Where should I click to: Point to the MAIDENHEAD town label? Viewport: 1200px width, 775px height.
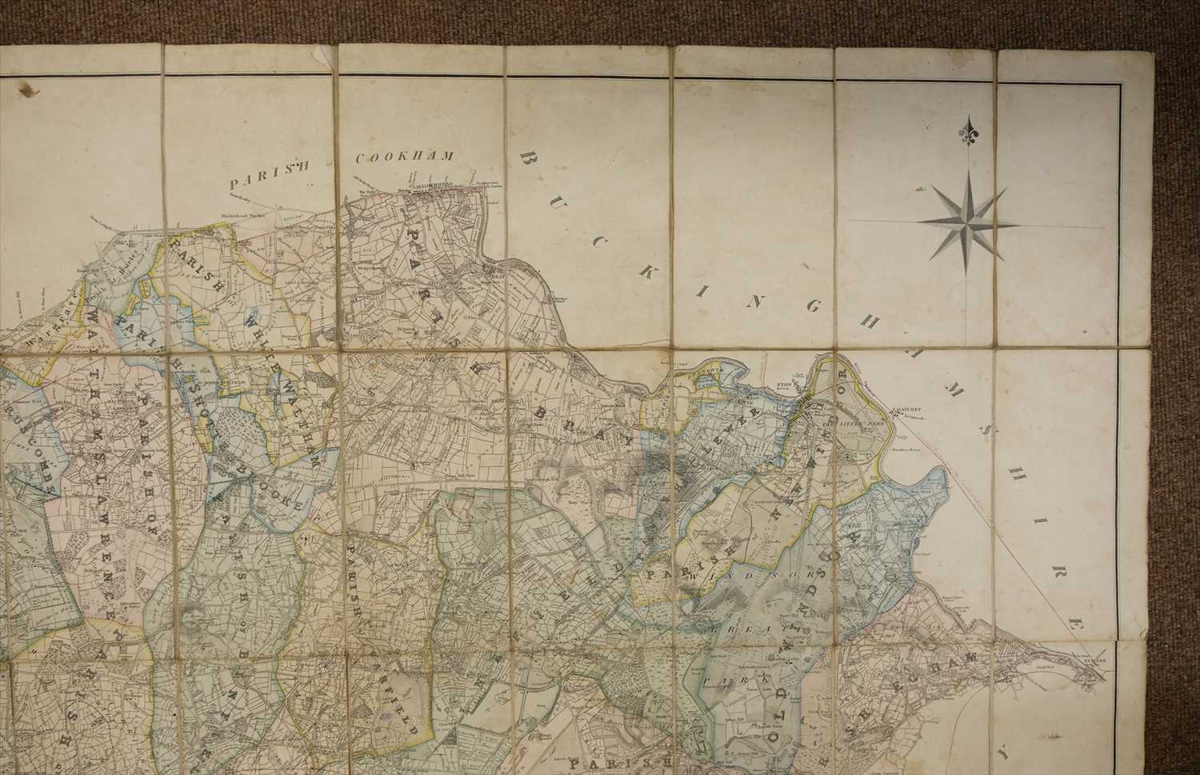pyautogui.click(x=433, y=191)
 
